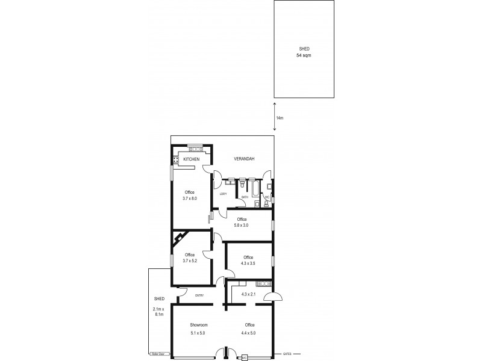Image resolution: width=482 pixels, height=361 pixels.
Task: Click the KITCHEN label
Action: click(x=192, y=158)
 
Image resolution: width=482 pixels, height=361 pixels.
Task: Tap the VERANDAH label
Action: click(x=244, y=158)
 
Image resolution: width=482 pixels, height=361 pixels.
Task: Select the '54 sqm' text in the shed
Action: click(x=304, y=55)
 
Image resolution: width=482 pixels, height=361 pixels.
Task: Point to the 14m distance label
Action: click(x=280, y=118)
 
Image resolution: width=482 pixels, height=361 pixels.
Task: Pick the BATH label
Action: click(x=245, y=197)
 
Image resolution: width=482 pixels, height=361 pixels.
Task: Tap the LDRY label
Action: click(x=223, y=193)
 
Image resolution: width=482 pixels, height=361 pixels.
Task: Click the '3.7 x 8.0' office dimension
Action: click(x=190, y=197)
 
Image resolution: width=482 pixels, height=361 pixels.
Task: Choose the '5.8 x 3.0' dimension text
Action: click(x=242, y=225)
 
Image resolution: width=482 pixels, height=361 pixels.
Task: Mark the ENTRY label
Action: click(x=199, y=295)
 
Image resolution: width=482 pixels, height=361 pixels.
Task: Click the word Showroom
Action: click(x=198, y=326)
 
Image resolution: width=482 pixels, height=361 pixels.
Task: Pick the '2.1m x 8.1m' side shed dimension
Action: click(x=159, y=312)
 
